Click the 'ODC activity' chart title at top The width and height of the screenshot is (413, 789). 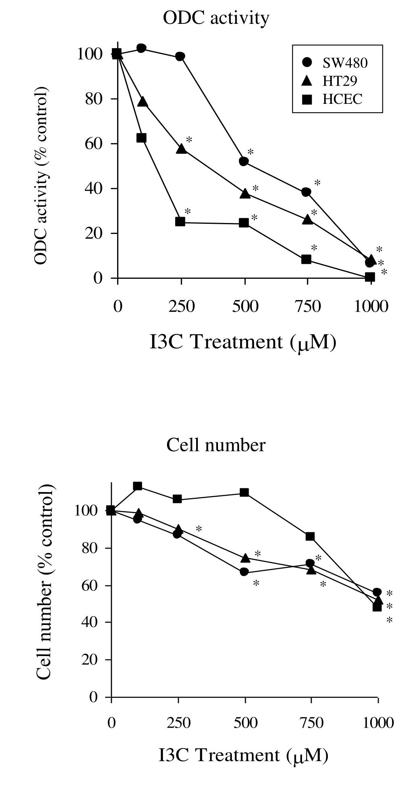[216, 18]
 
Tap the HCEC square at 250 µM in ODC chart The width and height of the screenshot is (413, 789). [180, 222]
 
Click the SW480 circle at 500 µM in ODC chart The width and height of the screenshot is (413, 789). [244, 162]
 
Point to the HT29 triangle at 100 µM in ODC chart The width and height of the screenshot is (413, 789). [143, 102]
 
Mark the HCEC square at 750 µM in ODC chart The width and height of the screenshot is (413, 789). [306, 259]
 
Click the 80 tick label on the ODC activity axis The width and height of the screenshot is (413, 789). [93, 99]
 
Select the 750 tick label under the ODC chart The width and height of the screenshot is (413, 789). [308, 307]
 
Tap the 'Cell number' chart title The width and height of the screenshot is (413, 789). [216, 446]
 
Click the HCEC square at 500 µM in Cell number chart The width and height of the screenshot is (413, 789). [244, 492]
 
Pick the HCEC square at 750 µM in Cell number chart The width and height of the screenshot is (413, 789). [310, 537]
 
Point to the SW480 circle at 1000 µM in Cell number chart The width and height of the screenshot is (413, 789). [377, 592]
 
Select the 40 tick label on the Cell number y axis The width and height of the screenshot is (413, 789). [89, 622]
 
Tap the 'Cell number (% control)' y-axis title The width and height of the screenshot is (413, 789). [44, 581]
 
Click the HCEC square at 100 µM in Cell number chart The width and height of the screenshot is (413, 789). [138, 486]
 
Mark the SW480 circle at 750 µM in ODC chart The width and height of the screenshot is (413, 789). [306, 192]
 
